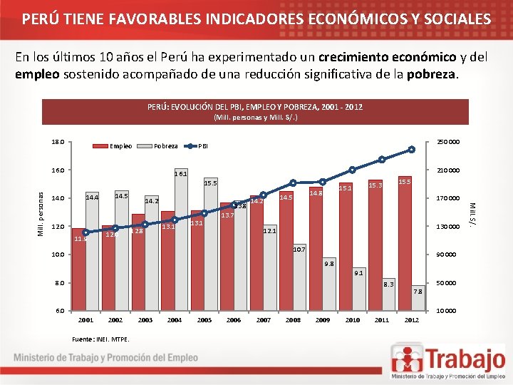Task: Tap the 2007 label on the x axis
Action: pos(263,320)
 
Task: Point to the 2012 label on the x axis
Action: pos(411,320)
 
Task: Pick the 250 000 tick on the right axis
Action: pos(448,142)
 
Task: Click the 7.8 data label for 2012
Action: pos(418,292)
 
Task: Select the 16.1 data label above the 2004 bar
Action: pos(181,173)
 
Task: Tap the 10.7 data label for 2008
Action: pos(299,250)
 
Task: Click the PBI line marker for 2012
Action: pos(411,150)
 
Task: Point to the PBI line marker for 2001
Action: pos(85,232)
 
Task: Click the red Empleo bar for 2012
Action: pos(405,242)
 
